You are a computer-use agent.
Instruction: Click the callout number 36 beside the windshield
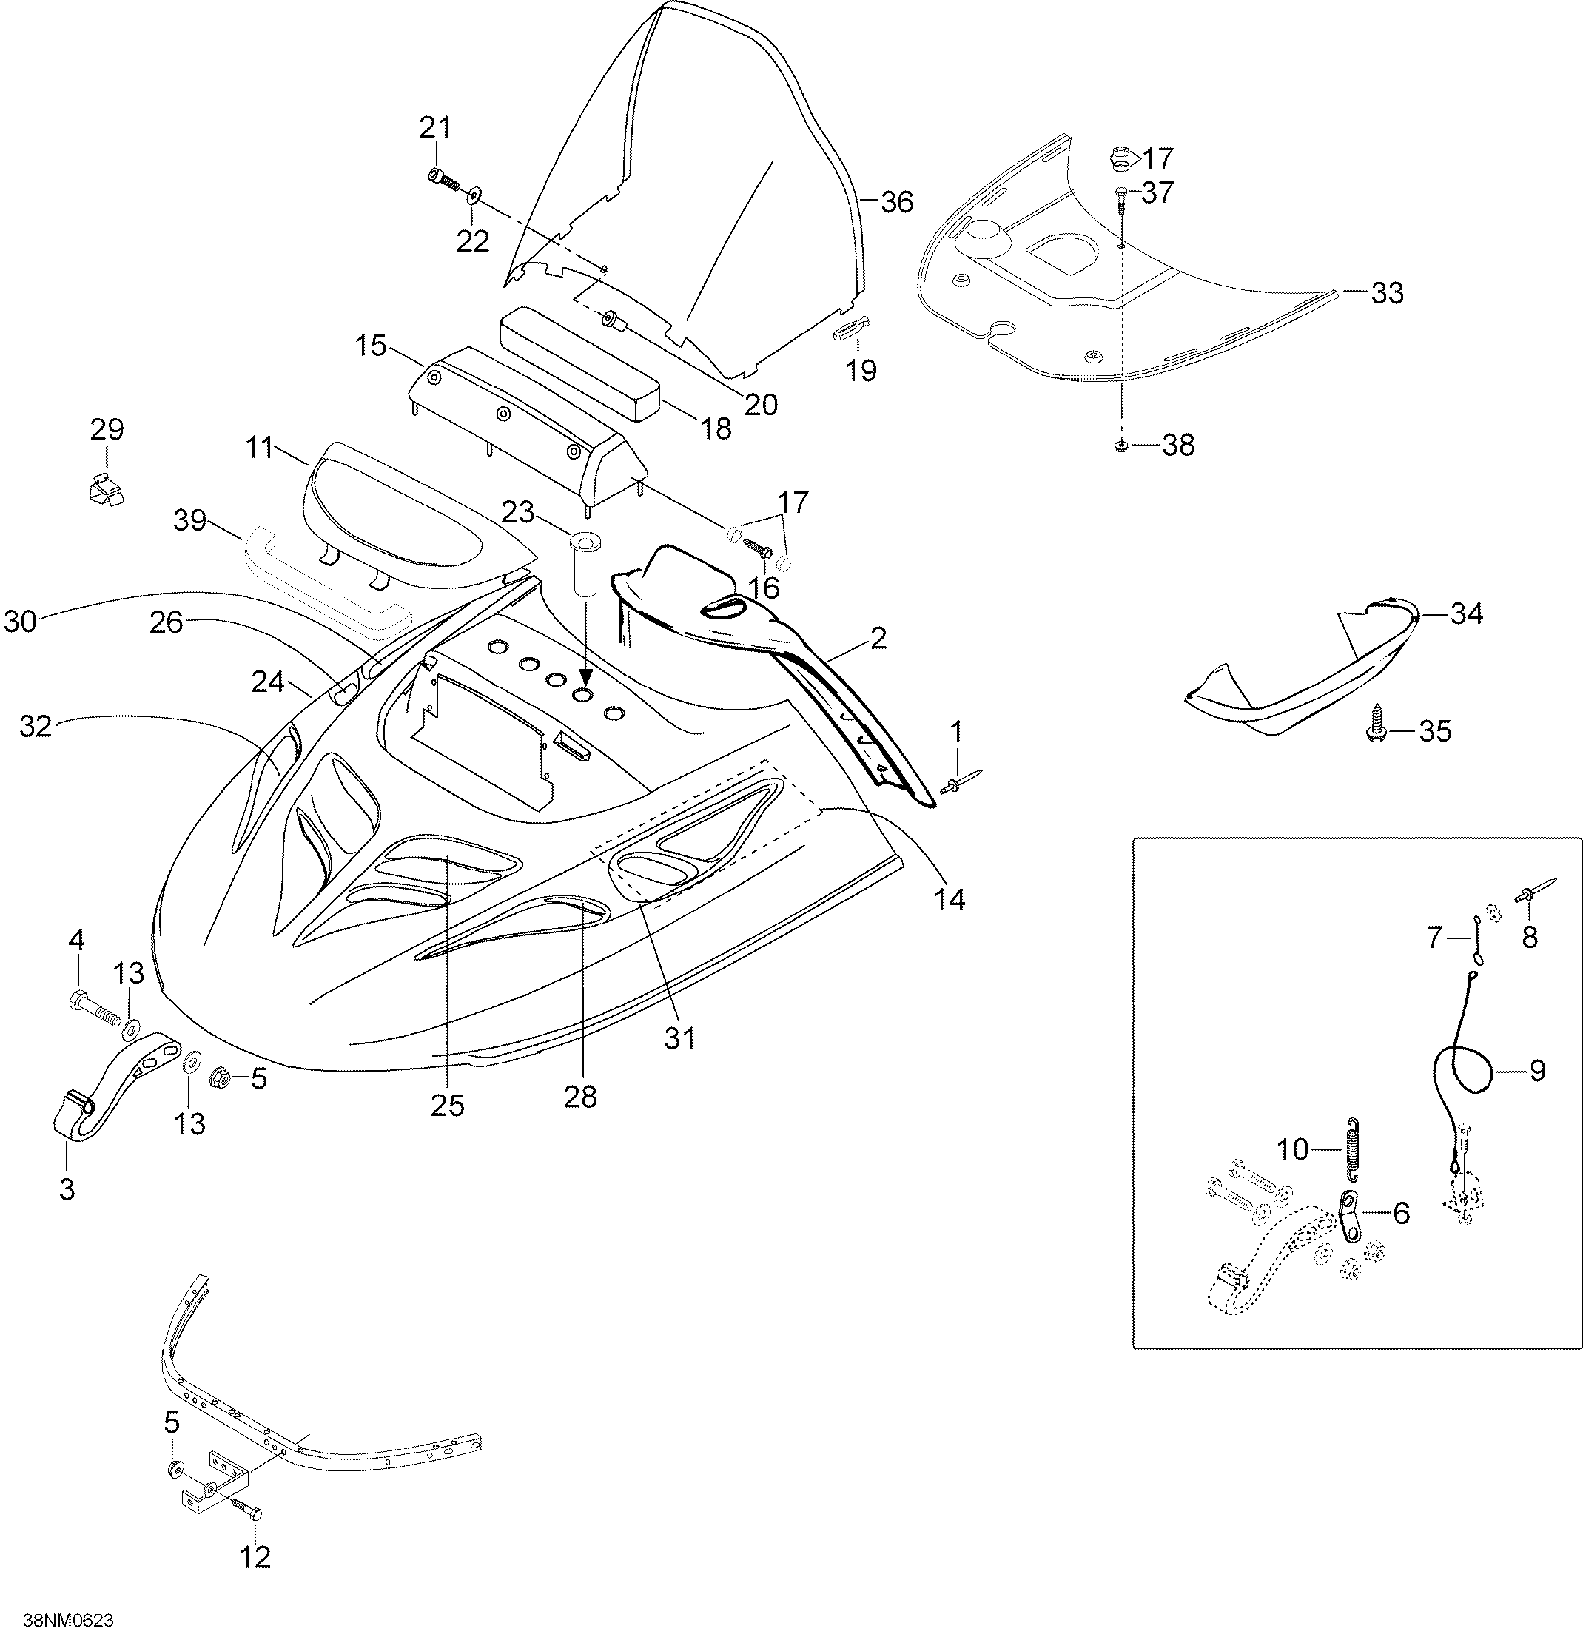pos(897,202)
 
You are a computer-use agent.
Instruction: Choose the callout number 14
pos(950,898)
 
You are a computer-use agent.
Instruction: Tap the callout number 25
pos(448,1106)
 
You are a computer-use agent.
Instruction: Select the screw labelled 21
pos(444,180)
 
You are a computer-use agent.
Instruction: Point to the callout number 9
pos(1537,1069)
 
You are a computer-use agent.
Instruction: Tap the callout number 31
pos(680,1038)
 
